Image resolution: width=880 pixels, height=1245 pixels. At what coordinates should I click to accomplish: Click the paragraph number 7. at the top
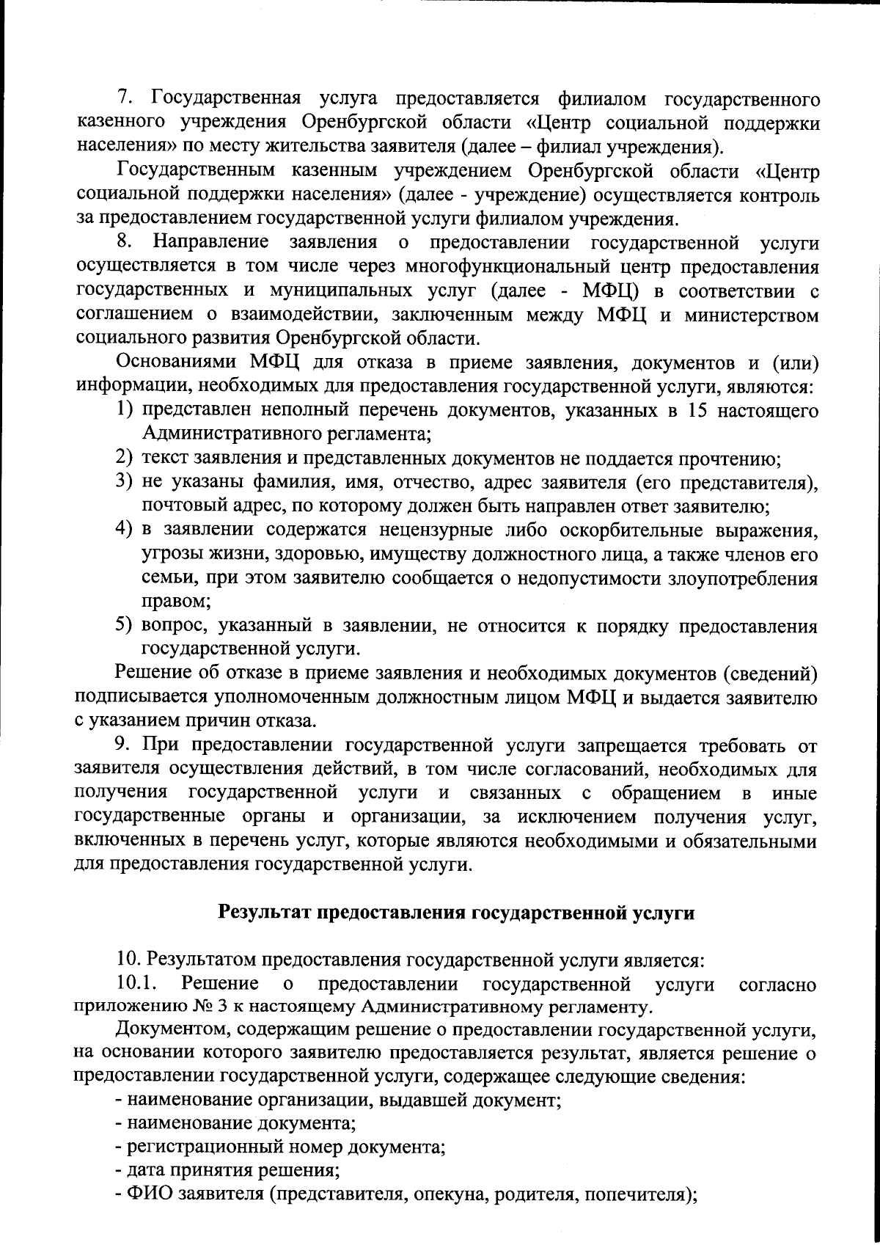[x=125, y=99]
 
